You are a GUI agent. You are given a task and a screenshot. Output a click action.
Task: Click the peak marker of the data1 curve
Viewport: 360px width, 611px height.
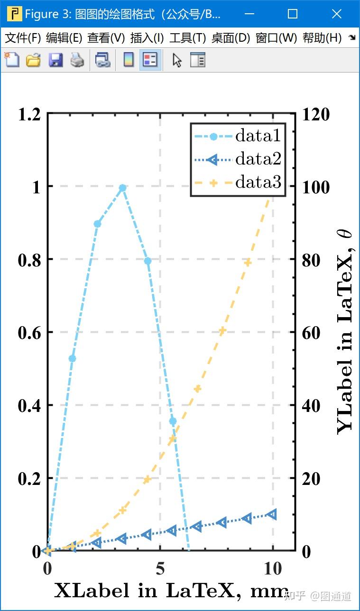pyautogui.click(x=122, y=188)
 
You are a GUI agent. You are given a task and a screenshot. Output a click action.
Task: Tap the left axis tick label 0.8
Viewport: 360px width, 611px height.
pyautogui.click(x=29, y=260)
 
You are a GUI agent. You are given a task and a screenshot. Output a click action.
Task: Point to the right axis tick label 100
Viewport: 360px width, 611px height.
pyautogui.click(x=316, y=187)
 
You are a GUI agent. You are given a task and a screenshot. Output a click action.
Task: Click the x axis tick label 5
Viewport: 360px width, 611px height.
pyautogui.click(x=160, y=568)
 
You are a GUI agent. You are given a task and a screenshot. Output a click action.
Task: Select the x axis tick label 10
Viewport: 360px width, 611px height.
pyautogui.click(x=273, y=568)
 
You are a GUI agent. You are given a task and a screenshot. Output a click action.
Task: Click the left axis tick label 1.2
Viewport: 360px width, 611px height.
pyautogui.click(x=29, y=114)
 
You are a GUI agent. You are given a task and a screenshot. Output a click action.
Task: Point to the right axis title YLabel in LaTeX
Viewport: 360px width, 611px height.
pyautogui.click(x=345, y=332)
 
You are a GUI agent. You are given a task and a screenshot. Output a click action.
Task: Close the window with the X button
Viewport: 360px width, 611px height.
pyautogui.click(x=336, y=14)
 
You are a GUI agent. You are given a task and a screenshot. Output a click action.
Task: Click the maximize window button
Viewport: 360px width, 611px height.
pyautogui.click(x=293, y=14)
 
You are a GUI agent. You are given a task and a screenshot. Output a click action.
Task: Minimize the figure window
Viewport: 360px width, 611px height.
pyautogui.click(x=249, y=14)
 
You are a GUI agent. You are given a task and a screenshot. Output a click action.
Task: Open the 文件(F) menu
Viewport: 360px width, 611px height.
pyautogui.click(x=23, y=38)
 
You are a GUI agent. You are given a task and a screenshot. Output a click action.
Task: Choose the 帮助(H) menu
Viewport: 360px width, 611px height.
pyautogui.click(x=322, y=38)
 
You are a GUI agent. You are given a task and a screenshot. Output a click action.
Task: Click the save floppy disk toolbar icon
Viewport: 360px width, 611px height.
pyautogui.click(x=55, y=60)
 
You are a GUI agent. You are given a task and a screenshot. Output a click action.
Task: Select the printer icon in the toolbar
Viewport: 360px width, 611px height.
pyautogui.click(x=77, y=60)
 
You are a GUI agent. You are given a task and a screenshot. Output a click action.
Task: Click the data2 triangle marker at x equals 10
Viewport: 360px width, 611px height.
pyautogui.click(x=272, y=514)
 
